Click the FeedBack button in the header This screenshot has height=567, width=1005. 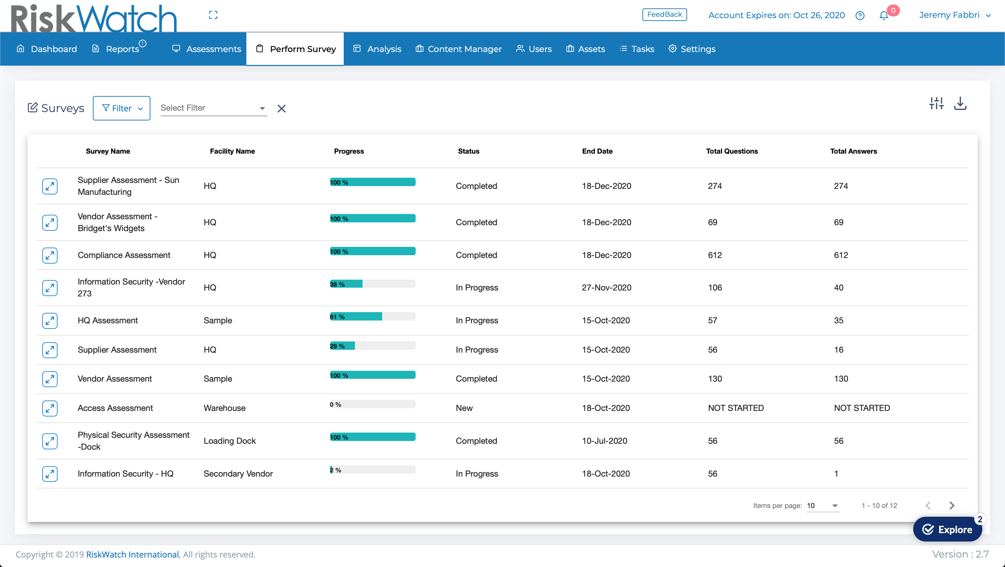(x=664, y=14)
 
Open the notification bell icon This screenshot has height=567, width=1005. (x=884, y=16)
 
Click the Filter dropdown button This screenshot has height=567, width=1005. (x=121, y=108)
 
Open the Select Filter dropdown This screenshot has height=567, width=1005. (x=214, y=108)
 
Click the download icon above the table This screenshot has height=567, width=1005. (x=960, y=104)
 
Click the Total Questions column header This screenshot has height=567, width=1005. (x=731, y=151)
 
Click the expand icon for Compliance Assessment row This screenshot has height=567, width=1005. (x=50, y=255)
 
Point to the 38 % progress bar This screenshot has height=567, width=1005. (x=373, y=284)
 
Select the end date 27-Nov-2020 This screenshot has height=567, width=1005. (x=606, y=288)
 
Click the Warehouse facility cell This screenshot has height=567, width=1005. (x=224, y=408)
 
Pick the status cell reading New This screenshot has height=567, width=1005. (x=464, y=408)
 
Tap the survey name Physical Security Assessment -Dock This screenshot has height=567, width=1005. (x=133, y=441)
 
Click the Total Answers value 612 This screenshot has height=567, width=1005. (x=841, y=255)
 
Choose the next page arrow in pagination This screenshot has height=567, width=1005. (x=952, y=505)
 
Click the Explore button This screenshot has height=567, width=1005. (x=947, y=529)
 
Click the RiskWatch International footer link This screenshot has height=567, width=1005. (x=132, y=554)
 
